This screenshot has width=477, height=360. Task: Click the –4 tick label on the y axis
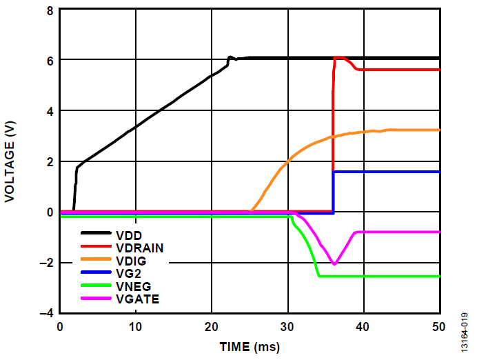point(48,313)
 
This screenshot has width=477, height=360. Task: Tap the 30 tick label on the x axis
point(288,326)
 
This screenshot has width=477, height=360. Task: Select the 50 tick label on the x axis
point(439,326)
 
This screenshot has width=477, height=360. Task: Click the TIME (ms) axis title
point(250,346)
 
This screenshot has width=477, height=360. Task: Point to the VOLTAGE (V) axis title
point(10,161)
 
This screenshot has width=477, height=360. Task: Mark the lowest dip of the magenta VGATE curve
point(334,263)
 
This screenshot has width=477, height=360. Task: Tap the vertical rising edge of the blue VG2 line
point(334,193)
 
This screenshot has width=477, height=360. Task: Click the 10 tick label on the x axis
point(136,326)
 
